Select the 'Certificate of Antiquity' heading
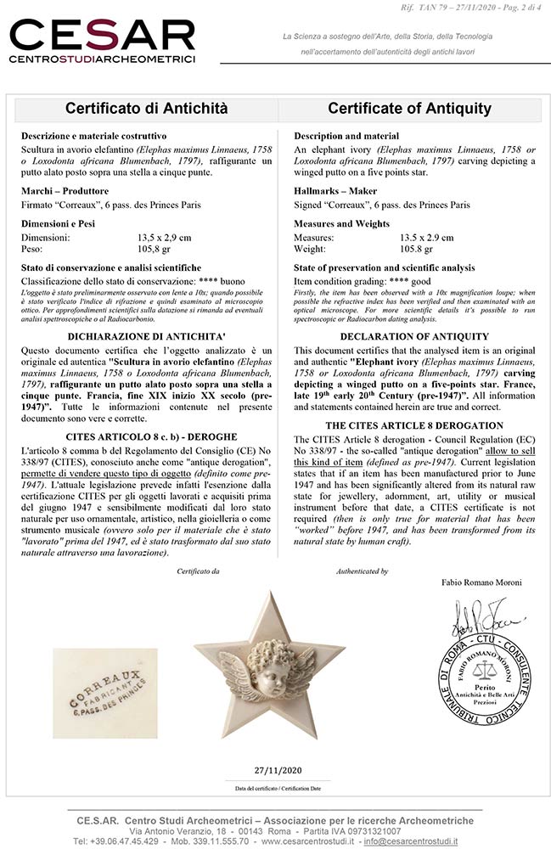coord(409,109)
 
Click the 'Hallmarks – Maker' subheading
coord(335,192)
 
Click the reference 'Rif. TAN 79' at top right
coord(450,8)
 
